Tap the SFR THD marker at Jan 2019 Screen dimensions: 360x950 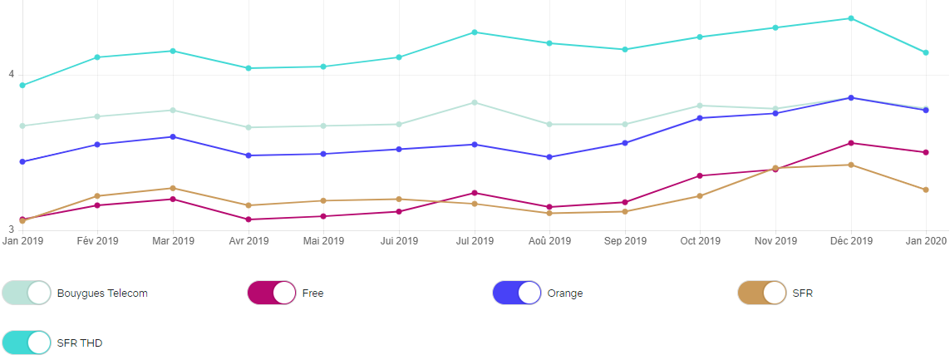click(22, 86)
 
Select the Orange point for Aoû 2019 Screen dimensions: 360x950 click(549, 157)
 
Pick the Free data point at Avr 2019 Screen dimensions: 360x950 click(249, 219)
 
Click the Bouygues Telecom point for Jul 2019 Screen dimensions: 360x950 click(474, 102)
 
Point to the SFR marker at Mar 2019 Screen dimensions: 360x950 click(173, 188)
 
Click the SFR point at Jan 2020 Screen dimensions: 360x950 click(925, 190)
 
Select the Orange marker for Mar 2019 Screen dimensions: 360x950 click(173, 136)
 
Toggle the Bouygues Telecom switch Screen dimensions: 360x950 click(27, 293)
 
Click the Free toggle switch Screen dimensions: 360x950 click(272, 293)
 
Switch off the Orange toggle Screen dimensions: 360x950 click(517, 293)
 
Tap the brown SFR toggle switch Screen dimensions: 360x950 click(762, 293)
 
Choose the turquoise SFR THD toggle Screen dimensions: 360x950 click(27, 343)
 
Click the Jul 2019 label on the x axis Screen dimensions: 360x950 click(474, 241)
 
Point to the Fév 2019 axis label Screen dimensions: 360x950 click(97, 241)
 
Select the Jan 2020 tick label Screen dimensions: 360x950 click(925, 241)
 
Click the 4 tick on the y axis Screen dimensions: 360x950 click(12, 75)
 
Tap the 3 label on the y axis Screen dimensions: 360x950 click(12, 229)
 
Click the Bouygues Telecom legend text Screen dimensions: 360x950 click(102, 293)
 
